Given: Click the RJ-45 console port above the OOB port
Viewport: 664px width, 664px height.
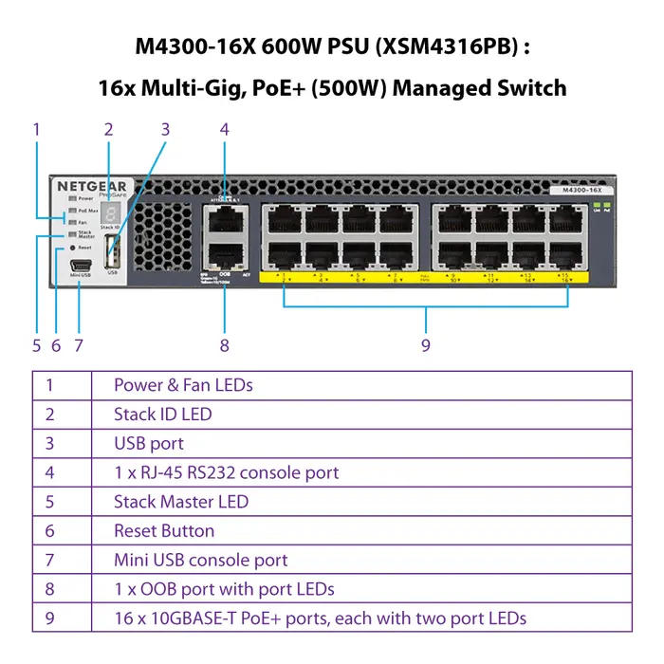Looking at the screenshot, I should point(224,219).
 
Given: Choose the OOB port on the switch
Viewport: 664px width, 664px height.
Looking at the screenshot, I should point(224,253).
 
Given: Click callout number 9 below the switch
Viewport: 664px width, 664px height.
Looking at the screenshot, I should point(426,344).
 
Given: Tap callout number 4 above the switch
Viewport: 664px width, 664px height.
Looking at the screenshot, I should point(225,130).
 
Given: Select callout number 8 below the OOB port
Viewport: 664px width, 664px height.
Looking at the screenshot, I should point(225,345).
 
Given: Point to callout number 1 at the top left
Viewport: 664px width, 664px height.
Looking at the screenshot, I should point(36,128).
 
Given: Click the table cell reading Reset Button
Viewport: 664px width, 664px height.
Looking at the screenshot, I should point(164,531).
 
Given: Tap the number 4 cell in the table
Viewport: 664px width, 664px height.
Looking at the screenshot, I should point(49,472).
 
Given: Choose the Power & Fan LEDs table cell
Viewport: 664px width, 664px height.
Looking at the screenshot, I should point(183,384).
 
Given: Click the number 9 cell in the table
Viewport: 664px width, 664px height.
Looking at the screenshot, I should point(49,619).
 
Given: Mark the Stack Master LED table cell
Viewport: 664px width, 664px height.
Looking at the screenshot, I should point(181,502).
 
